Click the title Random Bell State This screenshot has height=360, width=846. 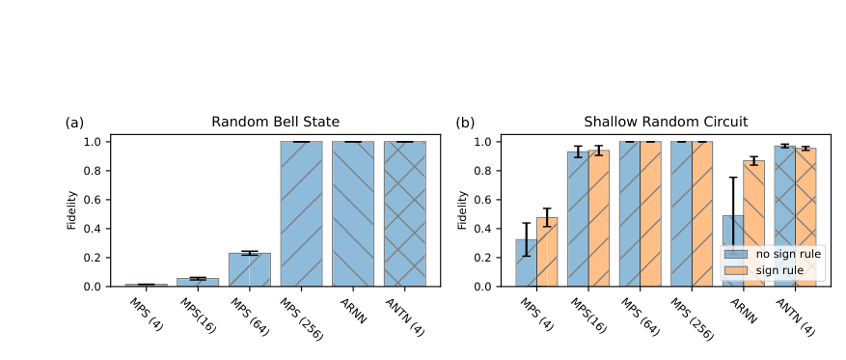click(275, 123)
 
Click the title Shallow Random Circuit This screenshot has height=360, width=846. click(666, 123)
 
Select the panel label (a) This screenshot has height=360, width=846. click(74, 123)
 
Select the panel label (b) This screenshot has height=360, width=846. click(465, 123)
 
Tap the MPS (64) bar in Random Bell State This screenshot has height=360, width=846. click(249, 269)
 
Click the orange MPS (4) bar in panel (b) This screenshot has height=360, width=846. click(547, 252)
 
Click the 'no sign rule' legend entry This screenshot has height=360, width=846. click(772, 254)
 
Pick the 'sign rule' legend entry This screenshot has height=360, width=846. click(772, 271)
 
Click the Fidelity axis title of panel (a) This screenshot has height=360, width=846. click(70, 214)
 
